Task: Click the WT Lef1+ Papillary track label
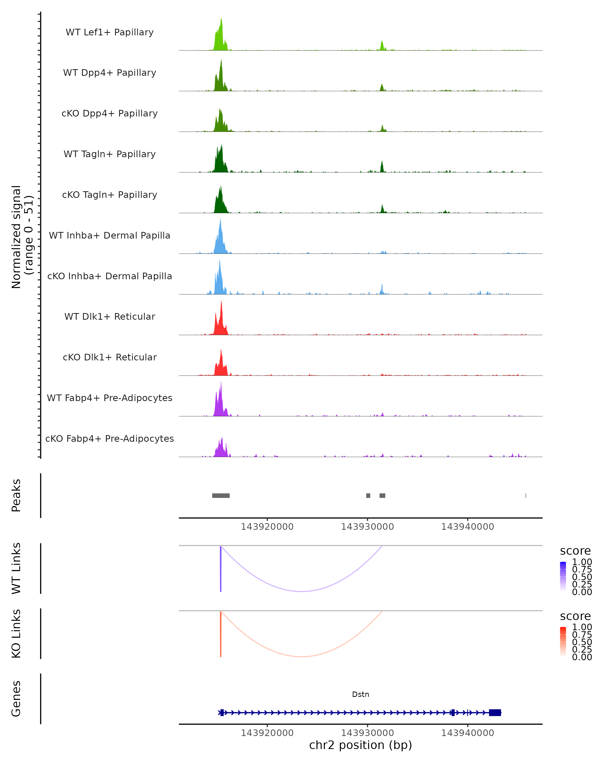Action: click(110, 32)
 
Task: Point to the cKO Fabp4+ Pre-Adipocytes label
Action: click(110, 438)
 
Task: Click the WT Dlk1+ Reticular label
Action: click(110, 316)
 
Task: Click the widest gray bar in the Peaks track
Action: click(221, 495)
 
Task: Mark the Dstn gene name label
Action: click(360, 694)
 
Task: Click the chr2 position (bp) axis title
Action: click(360, 745)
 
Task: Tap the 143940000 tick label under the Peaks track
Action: click(467, 527)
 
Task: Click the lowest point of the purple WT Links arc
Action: click(301, 591)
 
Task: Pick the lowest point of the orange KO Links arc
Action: click(301, 656)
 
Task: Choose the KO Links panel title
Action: click(16, 634)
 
